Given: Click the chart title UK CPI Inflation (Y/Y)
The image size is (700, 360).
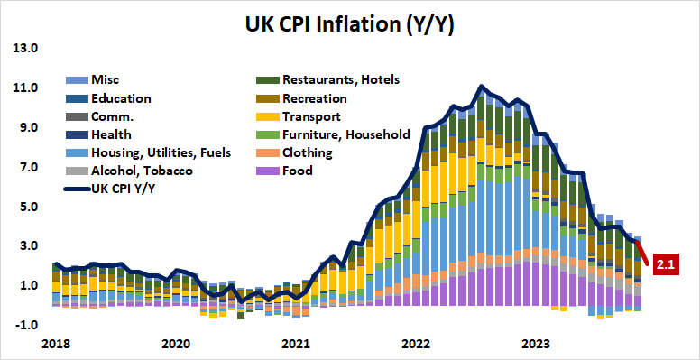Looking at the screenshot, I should [x=349, y=24].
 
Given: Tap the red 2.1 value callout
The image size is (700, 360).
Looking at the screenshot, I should [x=665, y=264].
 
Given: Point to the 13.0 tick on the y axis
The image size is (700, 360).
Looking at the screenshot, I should [x=25, y=49].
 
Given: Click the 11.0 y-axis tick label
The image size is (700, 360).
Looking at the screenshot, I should [x=25, y=88].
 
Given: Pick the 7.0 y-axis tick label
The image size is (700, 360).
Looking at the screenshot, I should [x=25, y=168].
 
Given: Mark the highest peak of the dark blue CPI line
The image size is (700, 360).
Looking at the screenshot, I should [x=482, y=87].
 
